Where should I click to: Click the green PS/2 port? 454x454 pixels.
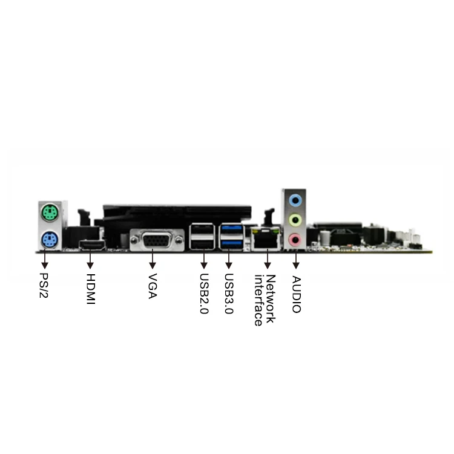click(x=49, y=213)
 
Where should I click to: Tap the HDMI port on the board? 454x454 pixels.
click(x=92, y=245)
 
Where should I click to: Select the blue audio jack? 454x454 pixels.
click(x=295, y=199)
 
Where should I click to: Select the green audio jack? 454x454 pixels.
click(x=295, y=219)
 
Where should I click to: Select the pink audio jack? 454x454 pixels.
click(x=295, y=240)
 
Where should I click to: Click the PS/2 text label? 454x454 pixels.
click(x=44, y=287)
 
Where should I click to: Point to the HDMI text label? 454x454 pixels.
click(x=91, y=289)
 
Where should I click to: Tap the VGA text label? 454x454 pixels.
click(x=153, y=286)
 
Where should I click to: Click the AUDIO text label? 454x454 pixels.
click(x=296, y=294)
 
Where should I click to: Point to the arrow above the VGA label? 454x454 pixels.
click(x=153, y=262)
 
